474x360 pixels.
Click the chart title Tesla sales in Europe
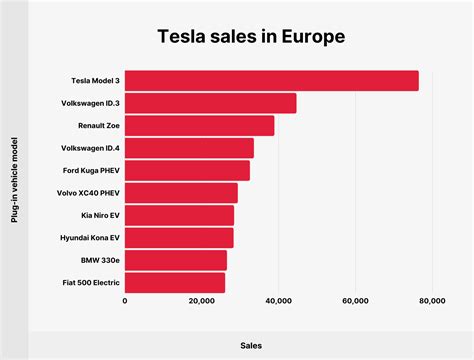[250, 37]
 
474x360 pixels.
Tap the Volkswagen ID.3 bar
[211, 103]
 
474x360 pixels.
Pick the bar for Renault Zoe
[200, 126]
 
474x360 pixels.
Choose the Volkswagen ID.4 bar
[190, 148]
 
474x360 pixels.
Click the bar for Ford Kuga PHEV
[188, 171]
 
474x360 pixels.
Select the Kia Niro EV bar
[180, 215]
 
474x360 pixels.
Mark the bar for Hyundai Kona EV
[180, 238]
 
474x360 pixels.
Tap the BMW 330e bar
[176, 260]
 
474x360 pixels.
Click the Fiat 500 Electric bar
[175, 283]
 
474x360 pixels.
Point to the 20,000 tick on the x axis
[202, 300]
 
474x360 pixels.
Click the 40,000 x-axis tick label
[279, 300]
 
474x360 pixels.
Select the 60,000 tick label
[356, 300]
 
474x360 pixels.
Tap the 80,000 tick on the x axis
[432, 300]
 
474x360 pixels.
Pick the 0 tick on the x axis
[125, 300]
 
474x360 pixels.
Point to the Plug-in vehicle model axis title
[15, 181]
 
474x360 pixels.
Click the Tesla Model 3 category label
[95, 81]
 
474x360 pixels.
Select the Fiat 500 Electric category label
[91, 283]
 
